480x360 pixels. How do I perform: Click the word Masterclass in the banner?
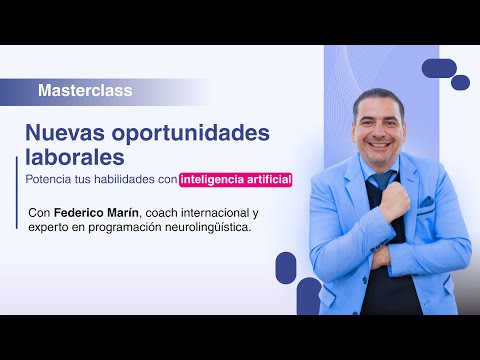[85, 91]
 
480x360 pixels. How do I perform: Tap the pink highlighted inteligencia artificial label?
[236, 180]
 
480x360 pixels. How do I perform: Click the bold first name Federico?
[83, 213]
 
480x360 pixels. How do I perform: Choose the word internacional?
[230, 213]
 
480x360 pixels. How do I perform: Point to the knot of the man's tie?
[381, 179]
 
